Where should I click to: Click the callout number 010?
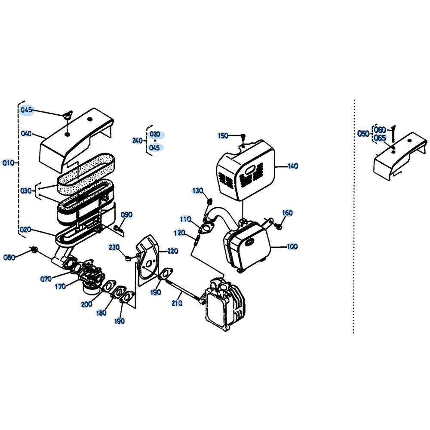point(8,163)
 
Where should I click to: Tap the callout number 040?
point(26,134)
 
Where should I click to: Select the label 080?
point(9,258)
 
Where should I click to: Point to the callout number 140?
point(292,166)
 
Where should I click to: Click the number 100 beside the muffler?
point(292,246)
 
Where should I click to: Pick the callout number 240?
point(138,141)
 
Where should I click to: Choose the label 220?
point(172,251)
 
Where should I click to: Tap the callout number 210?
point(177,303)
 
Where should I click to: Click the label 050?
point(363,134)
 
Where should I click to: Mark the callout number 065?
point(380,138)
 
